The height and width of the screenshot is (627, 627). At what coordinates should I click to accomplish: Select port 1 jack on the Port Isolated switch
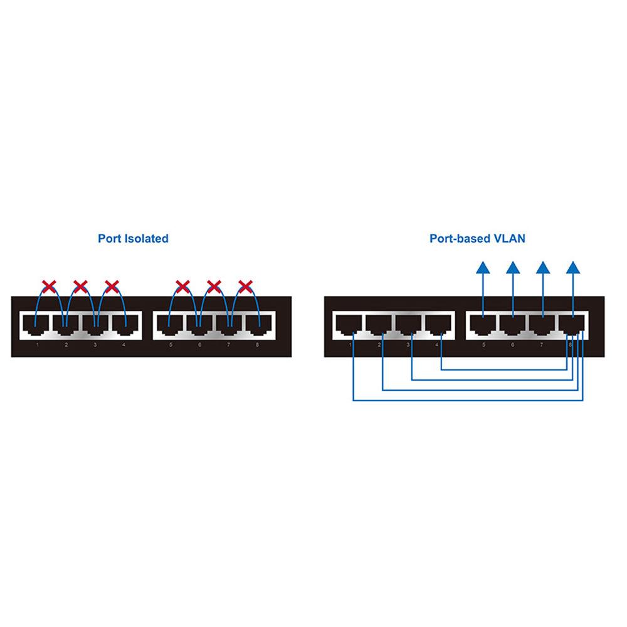pos(36,325)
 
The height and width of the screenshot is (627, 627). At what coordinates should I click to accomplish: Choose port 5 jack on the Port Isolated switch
pos(169,325)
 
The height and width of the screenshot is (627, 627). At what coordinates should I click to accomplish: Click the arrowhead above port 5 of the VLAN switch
pos(483,268)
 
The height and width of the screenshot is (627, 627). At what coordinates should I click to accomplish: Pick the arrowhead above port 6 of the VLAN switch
pos(513,268)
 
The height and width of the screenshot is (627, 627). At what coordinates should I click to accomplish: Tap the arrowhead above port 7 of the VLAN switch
pos(543,268)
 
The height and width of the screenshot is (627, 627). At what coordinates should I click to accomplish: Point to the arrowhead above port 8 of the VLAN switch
pos(572,268)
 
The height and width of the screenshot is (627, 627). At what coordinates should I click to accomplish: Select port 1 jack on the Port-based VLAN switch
pos(349,325)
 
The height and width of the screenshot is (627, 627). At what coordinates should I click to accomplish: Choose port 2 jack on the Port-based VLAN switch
pos(379,325)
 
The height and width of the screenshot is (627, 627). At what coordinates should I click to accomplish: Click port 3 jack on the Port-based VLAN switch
pos(409,325)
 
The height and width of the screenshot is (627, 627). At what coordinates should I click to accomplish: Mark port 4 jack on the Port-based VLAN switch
pos(439,325)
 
